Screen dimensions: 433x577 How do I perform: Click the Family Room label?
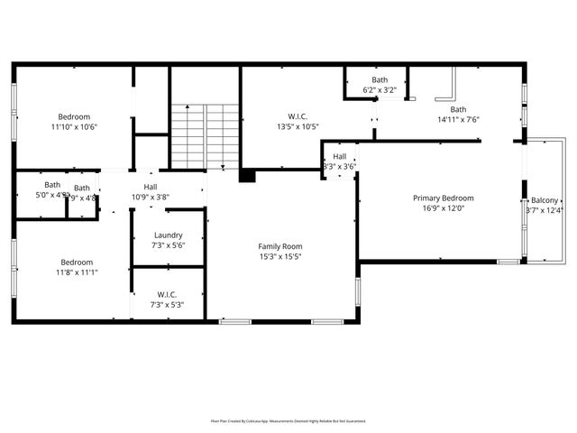pyautogui.click(x=280, y=246)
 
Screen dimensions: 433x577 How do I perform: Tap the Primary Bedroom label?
pyautogui.click(x=443, y=198)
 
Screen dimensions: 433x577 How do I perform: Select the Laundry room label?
pyautogui.click(x=169, y=235)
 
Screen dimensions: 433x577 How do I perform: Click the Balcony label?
pyautogui.click(x=544, y=200)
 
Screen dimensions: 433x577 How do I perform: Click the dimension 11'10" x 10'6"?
pyautogui.click(x=74, y=127)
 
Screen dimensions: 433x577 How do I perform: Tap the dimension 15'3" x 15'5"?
pyautogui.click(x=280, y=257)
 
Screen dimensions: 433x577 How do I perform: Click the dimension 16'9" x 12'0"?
pyautogui.click(x=443, y=208)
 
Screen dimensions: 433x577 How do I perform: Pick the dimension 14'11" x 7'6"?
pyautogui.click(x=458, y=119)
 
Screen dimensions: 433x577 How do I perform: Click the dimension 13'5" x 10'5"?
pyautogui.click(x=298, y=126)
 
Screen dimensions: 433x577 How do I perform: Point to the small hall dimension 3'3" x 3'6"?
pyautogui.click(x=340, y=166)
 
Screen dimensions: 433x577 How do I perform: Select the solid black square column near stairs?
pyautogui.click(x=246, y=175)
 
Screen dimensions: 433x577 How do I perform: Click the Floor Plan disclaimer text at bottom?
pyautogui.click(x=288, y=420)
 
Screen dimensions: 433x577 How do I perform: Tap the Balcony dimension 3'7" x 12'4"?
pyautogui.click(x=544, y=211)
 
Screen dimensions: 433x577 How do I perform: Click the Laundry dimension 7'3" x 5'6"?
pyautogui.click(x=169, y=245)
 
